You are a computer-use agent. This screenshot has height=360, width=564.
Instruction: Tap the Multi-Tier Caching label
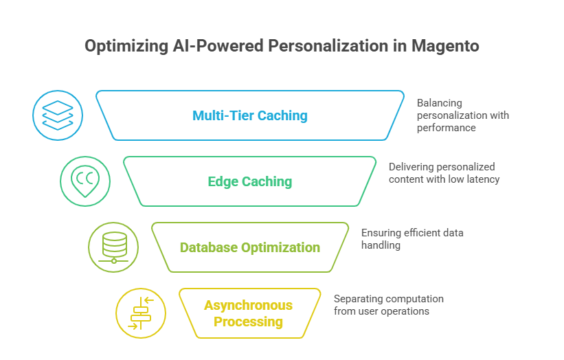pyautogui.click(x=250, y=115)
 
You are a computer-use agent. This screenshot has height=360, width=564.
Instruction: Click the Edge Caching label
pyautogui.click(x=250, y=182)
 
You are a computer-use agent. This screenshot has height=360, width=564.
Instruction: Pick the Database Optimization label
pyautogui.click(x=250, y=247)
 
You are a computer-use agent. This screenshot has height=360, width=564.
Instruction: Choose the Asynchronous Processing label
pyautogui.click(x=248, y=313)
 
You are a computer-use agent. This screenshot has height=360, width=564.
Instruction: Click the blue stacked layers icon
pyautogui.click(x=58, y=115)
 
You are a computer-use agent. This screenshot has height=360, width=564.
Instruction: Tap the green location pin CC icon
pyautogui.click(x=85, y=181)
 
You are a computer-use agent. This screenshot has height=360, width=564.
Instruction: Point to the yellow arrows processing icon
pyautogui.click(x=141, y=313)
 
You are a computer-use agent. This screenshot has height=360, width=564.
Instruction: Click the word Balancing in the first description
pyautogui.click(x=439, y=102)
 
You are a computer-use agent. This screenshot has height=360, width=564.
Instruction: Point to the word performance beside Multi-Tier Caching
pyautogui.click(x=447, y=128)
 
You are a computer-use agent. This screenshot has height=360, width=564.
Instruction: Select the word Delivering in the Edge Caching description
pyautogui.click(x=411, y=167)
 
